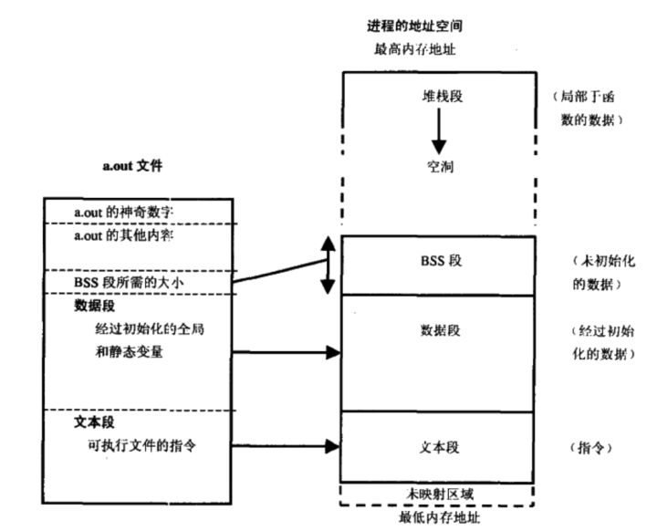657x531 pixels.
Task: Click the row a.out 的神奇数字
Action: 123,212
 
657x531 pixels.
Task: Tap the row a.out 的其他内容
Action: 123,235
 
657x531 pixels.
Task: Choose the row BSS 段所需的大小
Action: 127,283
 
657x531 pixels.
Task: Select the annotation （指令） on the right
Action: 584,448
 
